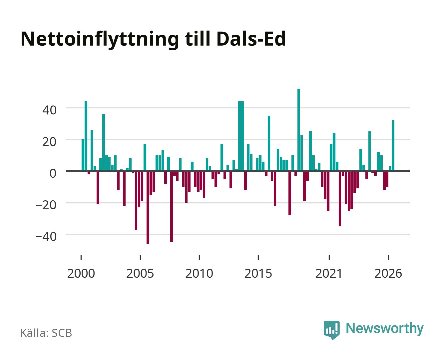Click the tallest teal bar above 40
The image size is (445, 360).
(x=298, y=130)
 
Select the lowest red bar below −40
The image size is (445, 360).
(x=148, y=207)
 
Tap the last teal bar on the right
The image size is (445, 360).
(x=393, y=146)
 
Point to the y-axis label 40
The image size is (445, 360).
(x=49, y=110)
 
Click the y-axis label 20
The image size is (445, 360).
(x=49, y=142)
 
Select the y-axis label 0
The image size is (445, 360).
(x=53, y=173)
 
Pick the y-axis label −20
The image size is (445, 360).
(x=46, y=205)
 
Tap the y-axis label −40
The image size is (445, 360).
(x=46, y=237)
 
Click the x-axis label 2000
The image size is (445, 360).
(x=81, y=273)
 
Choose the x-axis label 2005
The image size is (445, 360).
(x=140, y=273)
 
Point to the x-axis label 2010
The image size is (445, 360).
(x=199, y=273)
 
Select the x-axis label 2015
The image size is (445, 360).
(x=258, y=273)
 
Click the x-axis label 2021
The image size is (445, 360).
(x=329, y=273)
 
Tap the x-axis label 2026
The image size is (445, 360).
(x=388, y=273)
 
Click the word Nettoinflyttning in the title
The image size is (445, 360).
(x=100, y=40)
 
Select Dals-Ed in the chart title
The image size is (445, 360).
(x=251, y=39)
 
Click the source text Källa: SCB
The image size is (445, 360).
(x=46, y=333)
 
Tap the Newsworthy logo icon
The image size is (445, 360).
(x=332, y=330)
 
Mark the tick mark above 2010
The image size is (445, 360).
(x=199, y=257)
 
